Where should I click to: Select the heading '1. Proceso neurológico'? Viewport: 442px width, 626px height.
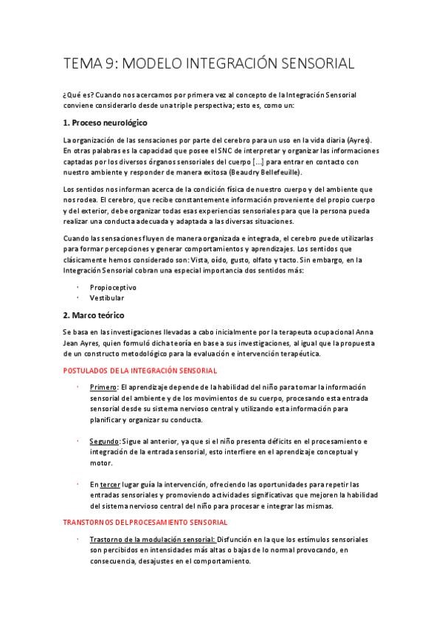click(105, 122)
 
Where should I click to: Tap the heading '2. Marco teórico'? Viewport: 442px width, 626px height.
click(94, 314)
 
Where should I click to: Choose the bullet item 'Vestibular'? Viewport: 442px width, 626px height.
click(107, 298)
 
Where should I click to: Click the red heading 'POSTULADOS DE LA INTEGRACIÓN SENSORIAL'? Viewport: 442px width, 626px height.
click(140, 371)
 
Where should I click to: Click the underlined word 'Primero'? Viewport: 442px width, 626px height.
click(103, 388)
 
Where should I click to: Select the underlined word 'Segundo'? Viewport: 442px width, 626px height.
click(104, 441)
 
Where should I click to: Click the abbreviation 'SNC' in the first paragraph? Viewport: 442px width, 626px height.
click(202, 151)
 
